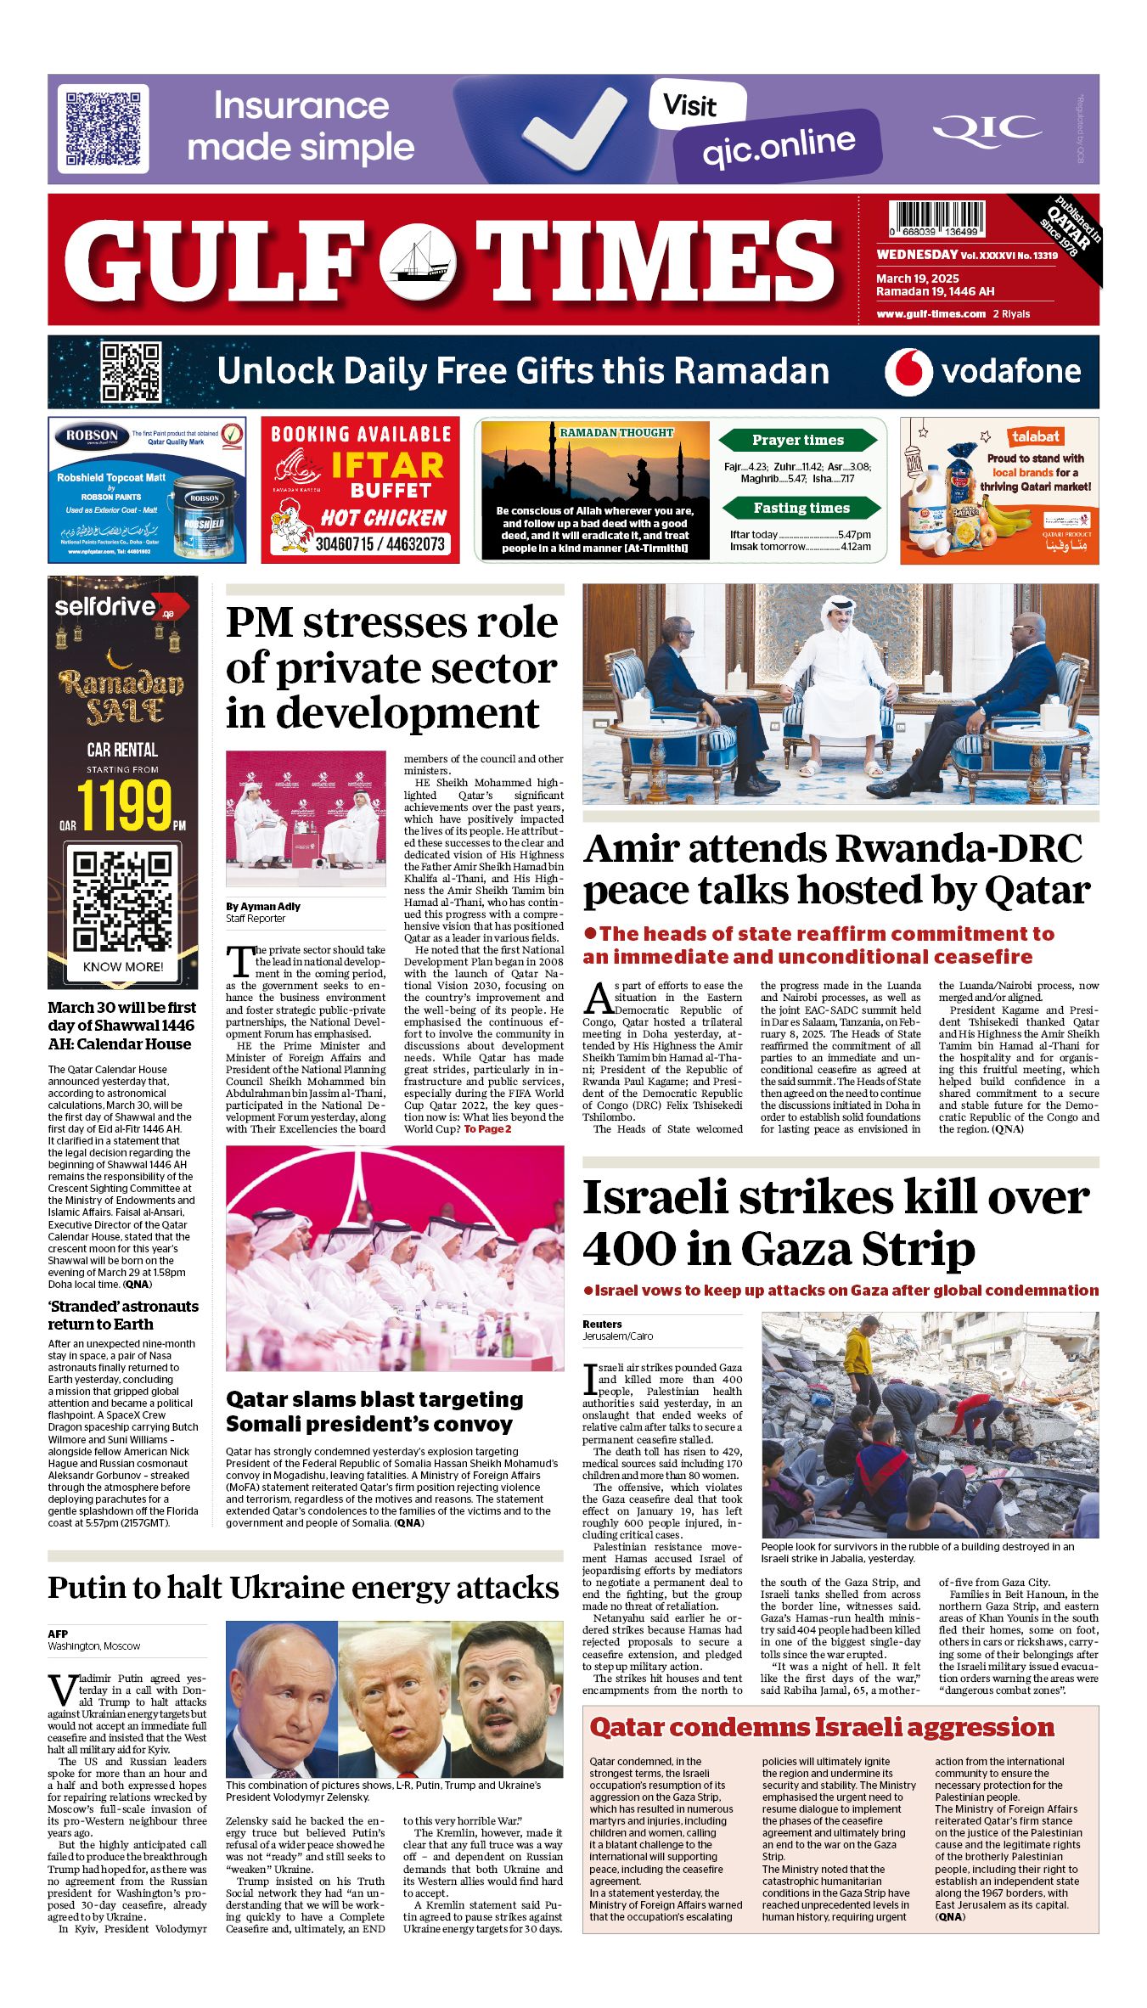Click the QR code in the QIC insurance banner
pos(103,128)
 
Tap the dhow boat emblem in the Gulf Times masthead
pos(417,261)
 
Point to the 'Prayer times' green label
pos(797,440)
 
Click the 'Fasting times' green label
pos(801,508)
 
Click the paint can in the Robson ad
pos(205,515)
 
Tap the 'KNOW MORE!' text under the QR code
pos(123,966)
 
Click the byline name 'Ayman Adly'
pos(271,906)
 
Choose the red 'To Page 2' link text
pos(487,1128)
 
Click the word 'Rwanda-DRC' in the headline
pos(958,849)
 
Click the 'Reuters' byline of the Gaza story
pos(602,1324)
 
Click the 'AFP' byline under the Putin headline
pos(58,1634)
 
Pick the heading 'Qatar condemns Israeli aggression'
pos(821,1728)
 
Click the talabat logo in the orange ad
pos(1035,436)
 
